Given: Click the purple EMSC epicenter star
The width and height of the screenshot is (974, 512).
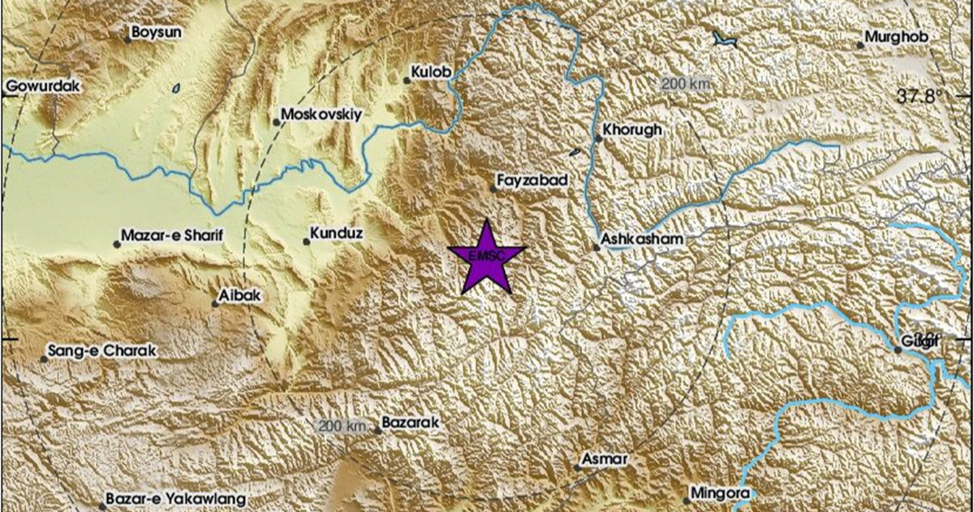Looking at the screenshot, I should coord(486,258).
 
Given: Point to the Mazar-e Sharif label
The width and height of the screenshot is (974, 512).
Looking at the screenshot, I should coord(171,236).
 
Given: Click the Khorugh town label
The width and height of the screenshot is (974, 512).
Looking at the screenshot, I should coord(633,129).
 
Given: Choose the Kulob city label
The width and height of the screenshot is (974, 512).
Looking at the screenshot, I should coord(431,73).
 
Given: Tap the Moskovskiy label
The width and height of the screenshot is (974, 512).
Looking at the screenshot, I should coord(321,115).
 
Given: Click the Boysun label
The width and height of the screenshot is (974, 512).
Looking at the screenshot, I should coord(157,33).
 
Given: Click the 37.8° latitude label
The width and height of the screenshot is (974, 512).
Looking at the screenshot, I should coord(920,97).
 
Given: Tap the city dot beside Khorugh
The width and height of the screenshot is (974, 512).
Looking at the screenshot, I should coord(598,138).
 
